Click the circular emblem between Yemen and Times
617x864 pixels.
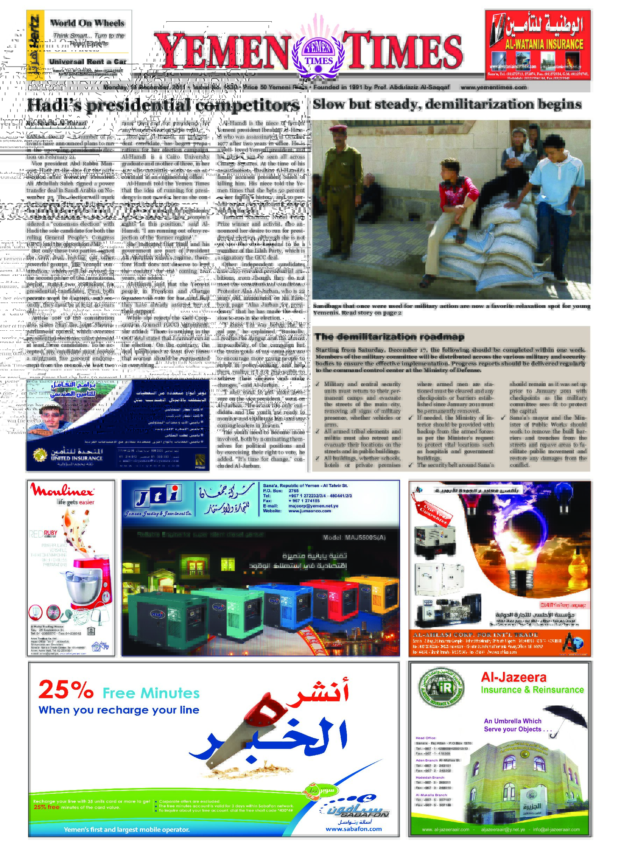pos(318,54)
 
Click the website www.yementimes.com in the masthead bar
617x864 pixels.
pos(494,87)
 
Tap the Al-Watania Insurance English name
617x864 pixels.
pos(544,44)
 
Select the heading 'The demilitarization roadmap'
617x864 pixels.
pos(389,336)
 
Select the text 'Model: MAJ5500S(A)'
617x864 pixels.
pos(354,538)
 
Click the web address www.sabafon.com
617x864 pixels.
pos(353,829)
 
